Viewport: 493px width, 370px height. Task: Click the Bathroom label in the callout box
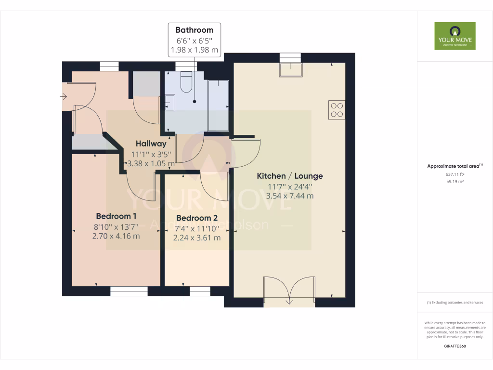click(194, 30)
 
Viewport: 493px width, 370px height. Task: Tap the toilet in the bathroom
click(186, 82)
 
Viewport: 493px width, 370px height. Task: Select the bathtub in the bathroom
click(218, 106)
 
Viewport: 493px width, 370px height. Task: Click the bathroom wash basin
click(169, 103)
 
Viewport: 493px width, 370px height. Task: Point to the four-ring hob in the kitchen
click(337, 109)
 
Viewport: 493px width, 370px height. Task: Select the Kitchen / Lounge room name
click(289, 176)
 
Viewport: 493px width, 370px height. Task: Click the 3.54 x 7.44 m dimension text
click(289, 196)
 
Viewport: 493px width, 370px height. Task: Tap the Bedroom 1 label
click(116, 216)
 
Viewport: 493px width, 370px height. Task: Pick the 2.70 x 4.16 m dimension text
click(116, 236)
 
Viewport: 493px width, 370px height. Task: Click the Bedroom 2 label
click(196, 218)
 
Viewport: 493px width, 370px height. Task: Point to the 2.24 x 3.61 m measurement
click(196, 238)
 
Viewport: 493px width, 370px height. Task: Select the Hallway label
click(151, 144)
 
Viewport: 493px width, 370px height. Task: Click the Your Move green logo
click(454, 36)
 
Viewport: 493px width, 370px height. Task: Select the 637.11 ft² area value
click(454, 174)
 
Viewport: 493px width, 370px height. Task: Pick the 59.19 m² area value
click(454, 182)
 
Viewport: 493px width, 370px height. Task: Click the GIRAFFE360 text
click(454, 346)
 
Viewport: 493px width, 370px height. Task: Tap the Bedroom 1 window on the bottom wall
click(129, 291)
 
